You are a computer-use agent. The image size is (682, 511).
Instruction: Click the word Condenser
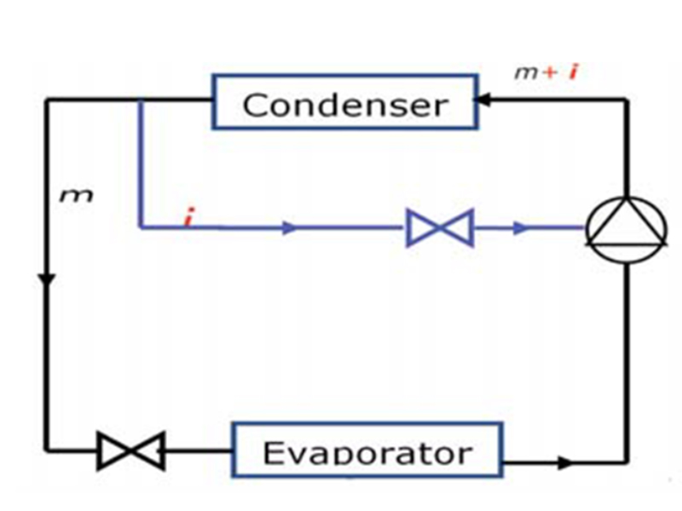344,105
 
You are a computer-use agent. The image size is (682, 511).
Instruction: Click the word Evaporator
367,451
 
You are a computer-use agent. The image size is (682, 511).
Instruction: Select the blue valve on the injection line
440,228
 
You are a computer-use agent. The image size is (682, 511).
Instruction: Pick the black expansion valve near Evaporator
130,451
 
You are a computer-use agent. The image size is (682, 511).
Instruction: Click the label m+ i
546,72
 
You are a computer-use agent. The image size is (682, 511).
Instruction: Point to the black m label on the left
75,196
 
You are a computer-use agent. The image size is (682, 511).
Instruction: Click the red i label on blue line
188,219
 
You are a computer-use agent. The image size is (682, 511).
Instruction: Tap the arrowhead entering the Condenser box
483,100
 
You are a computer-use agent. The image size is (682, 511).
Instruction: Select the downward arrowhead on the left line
47,279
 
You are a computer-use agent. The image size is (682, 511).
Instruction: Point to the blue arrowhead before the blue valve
291,228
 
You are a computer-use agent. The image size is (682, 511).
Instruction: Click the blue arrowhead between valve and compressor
522,228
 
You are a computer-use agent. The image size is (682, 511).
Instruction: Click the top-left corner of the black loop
47,100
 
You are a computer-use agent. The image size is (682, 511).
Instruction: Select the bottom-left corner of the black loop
47,451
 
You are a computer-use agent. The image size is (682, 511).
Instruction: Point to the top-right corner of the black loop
628,100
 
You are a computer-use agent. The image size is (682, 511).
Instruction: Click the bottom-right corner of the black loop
628,464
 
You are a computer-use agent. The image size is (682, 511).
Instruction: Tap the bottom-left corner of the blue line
140,227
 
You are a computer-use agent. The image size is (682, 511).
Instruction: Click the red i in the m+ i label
573,72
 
